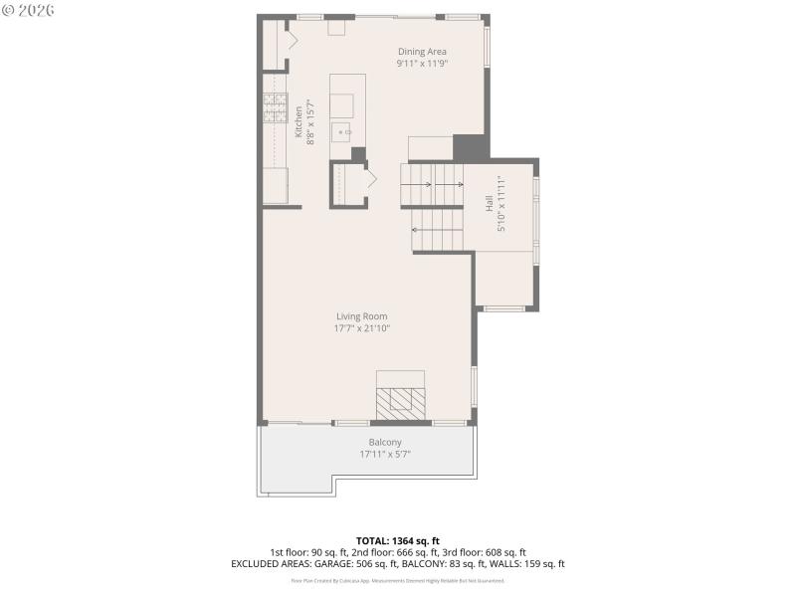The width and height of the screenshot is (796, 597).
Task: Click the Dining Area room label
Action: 422,52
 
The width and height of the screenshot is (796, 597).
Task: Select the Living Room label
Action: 361,316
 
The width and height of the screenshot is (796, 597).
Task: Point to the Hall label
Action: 490,203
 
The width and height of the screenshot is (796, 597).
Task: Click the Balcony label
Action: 385,442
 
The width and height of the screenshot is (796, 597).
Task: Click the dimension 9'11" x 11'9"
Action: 422,64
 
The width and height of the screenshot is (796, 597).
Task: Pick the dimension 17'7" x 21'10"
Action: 361,328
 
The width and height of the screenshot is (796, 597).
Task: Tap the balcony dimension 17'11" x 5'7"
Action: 385,454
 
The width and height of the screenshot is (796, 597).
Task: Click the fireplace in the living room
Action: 400,398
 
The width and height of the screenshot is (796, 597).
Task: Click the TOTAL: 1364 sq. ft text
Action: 397,540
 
